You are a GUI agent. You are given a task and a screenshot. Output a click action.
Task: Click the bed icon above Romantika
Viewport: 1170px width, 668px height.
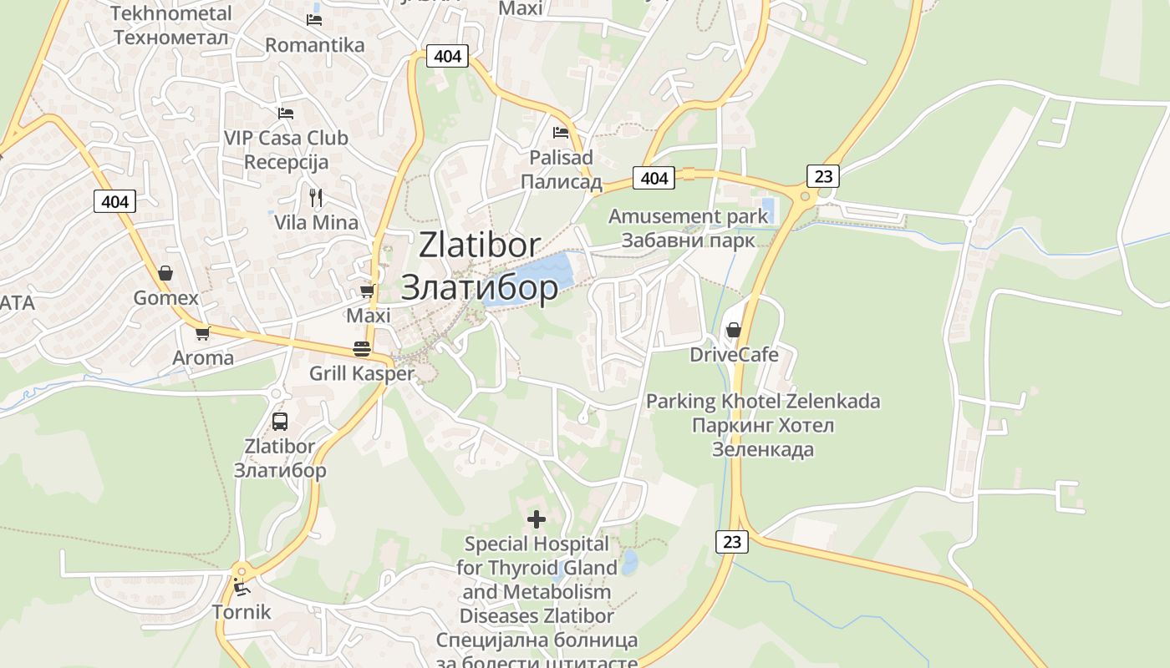click(314, 19)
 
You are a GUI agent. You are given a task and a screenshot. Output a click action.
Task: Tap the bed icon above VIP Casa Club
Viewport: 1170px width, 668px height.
click(286, 113)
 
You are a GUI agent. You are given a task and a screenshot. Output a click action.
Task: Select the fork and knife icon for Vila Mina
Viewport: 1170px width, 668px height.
click(316, 198)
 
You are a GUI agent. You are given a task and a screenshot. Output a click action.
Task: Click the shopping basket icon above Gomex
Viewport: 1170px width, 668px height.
click(165, 273)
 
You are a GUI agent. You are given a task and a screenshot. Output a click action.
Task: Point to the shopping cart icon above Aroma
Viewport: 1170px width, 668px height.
click(202, 333)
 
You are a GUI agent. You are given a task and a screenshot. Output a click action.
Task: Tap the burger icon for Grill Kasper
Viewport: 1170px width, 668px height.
click(362, 348)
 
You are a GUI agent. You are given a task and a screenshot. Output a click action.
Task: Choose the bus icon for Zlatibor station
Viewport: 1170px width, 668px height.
click(280, 422)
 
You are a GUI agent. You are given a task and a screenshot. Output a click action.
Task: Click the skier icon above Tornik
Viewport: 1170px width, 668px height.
click(242, 587)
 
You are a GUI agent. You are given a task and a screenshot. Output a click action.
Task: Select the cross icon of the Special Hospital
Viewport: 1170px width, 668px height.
click(537, 519)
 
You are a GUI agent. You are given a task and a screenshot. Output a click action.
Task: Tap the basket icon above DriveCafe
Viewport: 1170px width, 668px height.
click(734, 330)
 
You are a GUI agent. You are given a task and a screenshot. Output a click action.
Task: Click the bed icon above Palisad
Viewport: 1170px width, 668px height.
click(561, 132)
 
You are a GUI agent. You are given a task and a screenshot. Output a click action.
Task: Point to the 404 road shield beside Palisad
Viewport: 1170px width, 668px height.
click(654, 178)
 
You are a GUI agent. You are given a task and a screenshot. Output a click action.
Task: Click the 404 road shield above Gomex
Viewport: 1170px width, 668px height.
click(114, 201)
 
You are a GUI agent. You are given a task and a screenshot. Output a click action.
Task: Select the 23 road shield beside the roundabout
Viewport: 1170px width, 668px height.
click(823, 176)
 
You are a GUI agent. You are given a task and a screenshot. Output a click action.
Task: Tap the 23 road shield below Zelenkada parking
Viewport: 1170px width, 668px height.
click(732, 541)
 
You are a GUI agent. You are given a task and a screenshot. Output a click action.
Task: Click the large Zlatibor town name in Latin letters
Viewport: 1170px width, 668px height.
click(480, 245)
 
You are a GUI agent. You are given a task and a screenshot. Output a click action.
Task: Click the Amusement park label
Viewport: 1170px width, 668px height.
click(688, 216)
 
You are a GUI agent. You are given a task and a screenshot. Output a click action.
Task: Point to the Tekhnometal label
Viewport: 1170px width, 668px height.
click(171, 13)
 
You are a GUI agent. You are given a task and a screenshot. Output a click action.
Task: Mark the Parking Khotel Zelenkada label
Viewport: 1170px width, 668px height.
click(763, 402)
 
